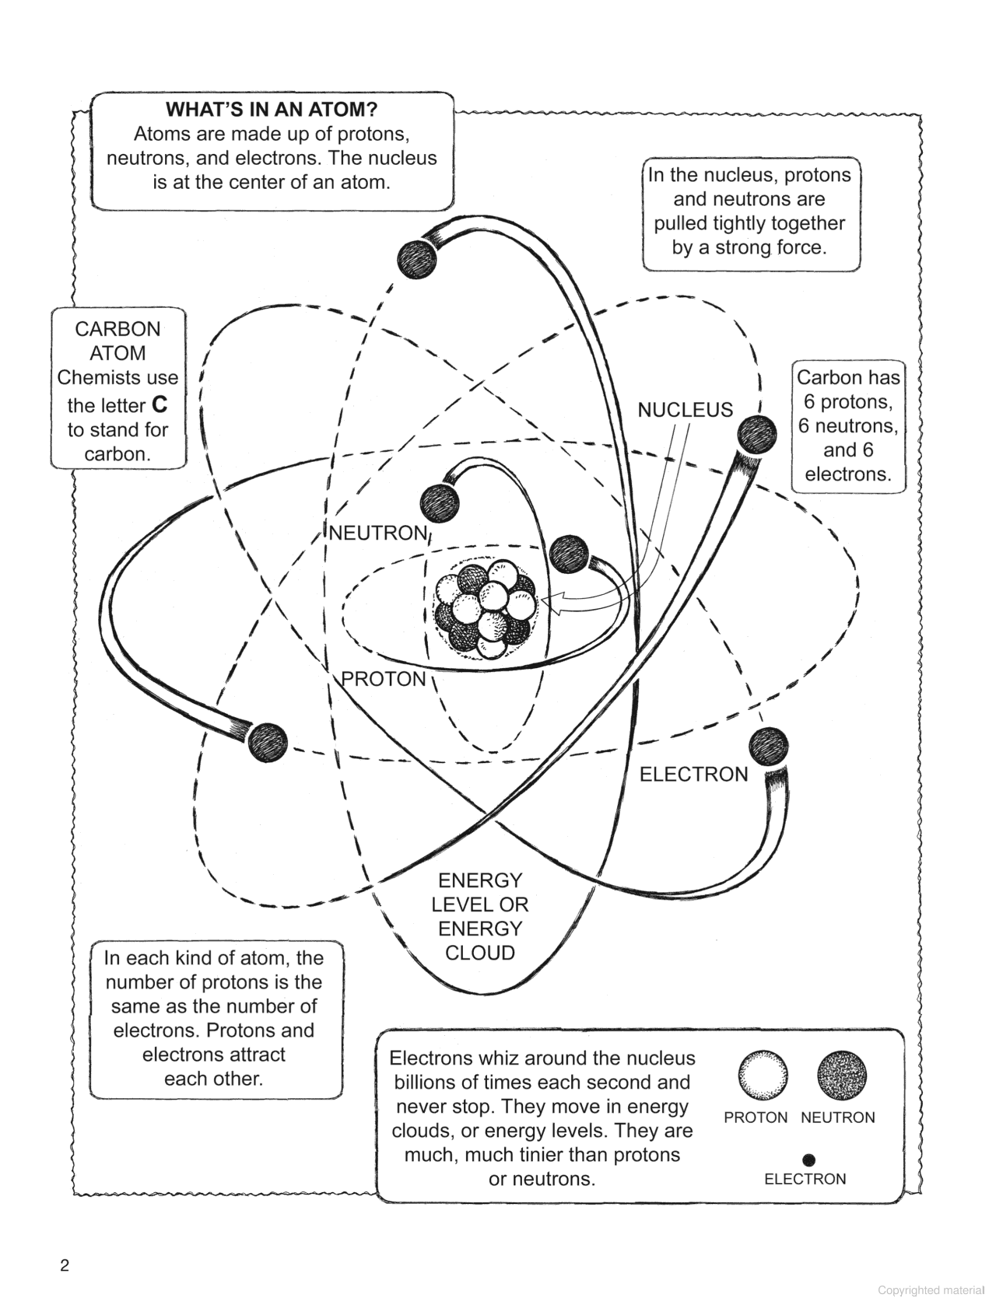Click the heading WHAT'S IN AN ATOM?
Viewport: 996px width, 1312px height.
(272, 110)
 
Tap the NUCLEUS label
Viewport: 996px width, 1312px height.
(685, 410)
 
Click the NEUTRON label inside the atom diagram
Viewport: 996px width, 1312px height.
(378, 533)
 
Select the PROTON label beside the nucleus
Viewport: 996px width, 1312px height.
(384, 679)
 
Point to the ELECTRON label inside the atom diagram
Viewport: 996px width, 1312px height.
(693, 774)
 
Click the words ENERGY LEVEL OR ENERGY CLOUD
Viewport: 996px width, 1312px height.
(479, 916)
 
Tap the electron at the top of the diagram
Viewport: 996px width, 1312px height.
(417, 259)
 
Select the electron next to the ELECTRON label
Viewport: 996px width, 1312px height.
(768, 747)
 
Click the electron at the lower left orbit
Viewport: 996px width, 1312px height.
(268, 742)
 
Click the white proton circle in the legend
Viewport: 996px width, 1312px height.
(763, 1076)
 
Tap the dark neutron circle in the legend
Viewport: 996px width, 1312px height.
(842, 1076)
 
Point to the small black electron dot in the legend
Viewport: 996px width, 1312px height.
(808, 1160)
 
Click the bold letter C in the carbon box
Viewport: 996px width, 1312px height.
(159, 405)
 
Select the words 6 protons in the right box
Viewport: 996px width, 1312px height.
(847, 401)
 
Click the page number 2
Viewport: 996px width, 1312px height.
(65, 1265)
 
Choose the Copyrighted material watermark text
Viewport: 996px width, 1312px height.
(931, 1290)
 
